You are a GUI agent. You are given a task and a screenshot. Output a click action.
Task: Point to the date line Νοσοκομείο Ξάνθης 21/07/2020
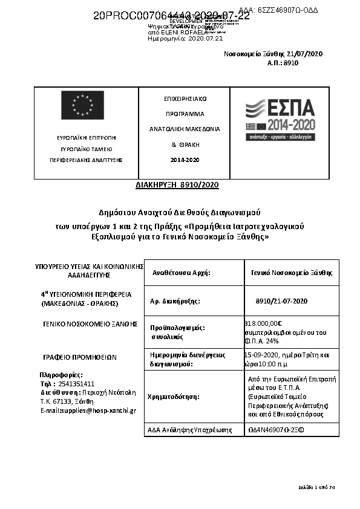(273, 54)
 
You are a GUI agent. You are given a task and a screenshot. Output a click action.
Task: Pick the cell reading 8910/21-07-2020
(282, 300)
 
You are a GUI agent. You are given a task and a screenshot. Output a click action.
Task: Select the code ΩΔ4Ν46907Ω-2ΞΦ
(275, 430)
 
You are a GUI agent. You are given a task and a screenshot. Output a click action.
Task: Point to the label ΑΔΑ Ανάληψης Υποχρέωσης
(190, 430)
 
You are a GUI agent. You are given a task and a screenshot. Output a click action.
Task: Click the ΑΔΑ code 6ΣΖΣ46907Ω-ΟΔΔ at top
(279, 11)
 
